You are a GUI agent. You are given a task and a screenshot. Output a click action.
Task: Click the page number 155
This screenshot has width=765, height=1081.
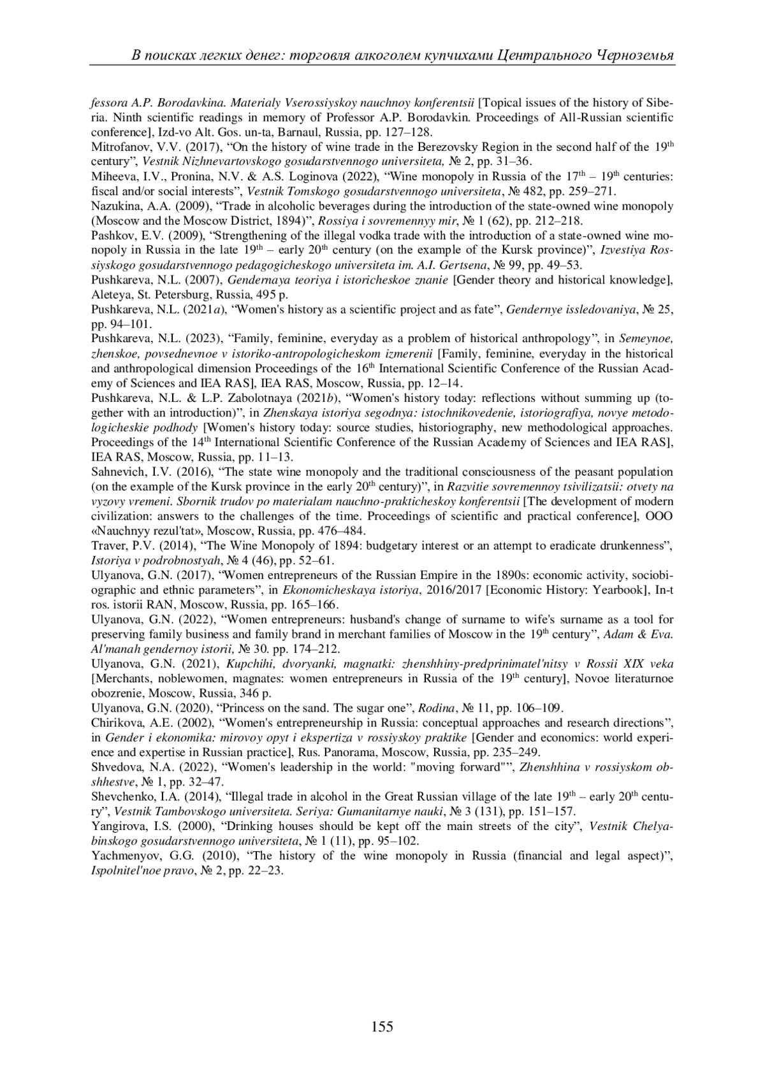pyautogui.click(x=382, y=1026)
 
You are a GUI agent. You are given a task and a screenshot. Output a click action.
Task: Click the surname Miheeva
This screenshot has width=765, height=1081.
pyautogui.click(x=112, y=176)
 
